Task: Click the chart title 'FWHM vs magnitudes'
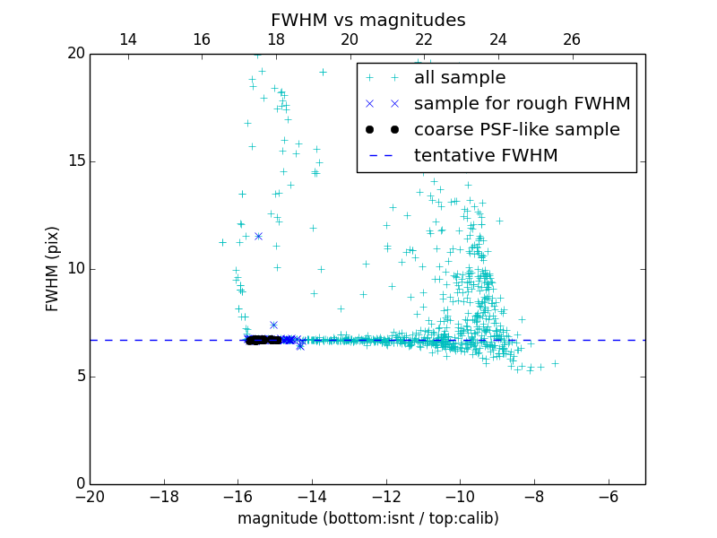pos(367,20)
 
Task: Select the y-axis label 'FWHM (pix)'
pos(53,268)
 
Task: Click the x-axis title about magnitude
pos(367,518)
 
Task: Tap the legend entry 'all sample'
pos(460,78)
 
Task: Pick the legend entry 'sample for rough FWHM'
pos(522,103)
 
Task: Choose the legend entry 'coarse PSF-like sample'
pos(516,129)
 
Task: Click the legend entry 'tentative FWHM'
pos(486,155)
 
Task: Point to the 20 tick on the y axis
pos(75,54)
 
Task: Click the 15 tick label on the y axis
pos(75,161)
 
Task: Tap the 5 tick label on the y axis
pos(80,376)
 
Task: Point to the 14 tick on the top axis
pos(127,39)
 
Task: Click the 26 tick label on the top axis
pos(572,39)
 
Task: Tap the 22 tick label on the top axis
pos(424,39)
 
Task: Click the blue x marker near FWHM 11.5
pos(258,236)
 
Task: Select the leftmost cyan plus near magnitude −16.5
pos(222,242)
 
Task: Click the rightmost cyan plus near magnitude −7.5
pos(555,363)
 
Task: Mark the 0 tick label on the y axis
pos(80,484)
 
